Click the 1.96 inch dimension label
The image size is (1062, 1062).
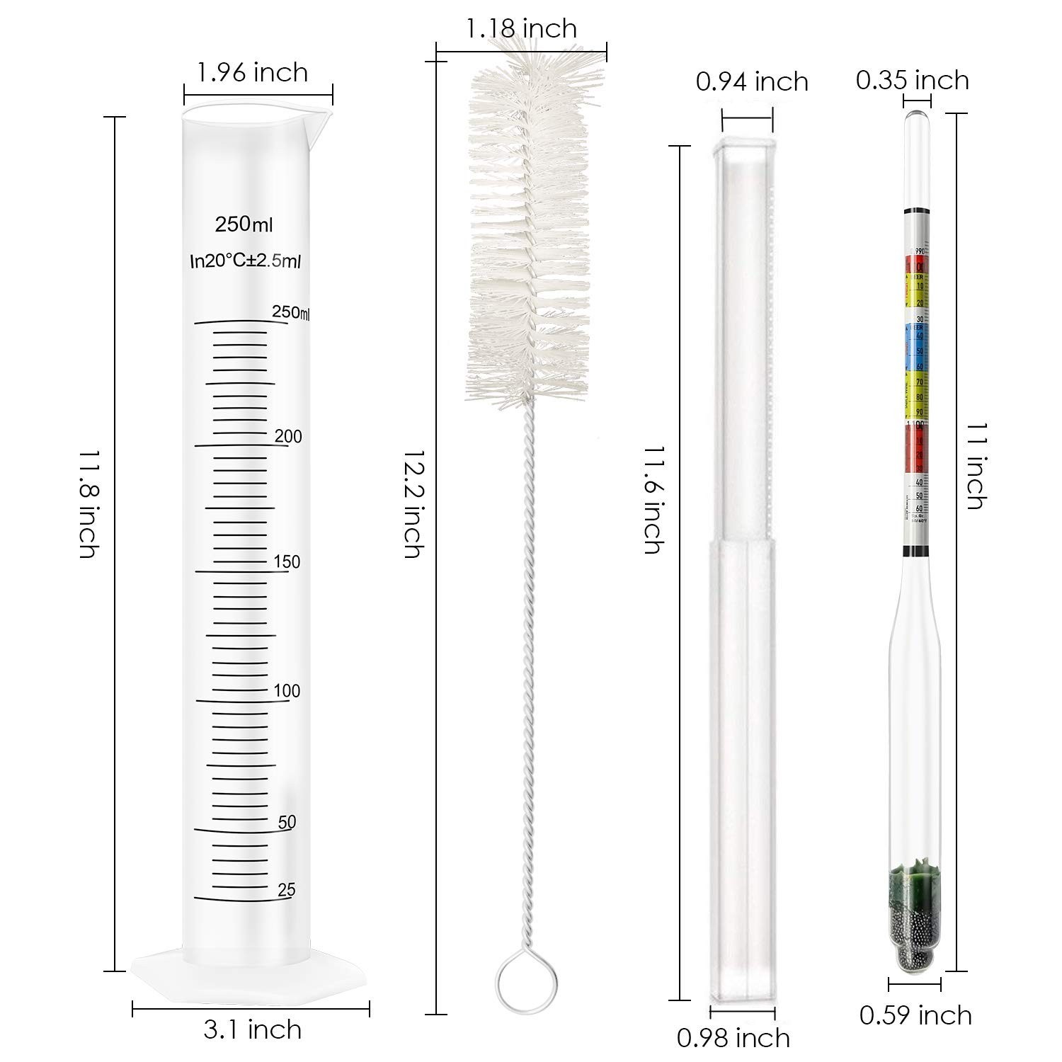(253, 72)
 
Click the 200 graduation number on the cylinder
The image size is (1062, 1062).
(288, 436)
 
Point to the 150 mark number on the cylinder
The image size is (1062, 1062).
(287, 562)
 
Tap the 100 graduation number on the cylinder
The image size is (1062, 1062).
(287, 691)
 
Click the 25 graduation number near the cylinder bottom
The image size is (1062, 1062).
(287, 890)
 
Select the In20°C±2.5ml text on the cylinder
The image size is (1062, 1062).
(246, 261)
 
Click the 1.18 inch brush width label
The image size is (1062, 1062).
(521, 28)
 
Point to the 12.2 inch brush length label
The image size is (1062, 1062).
(413, 503)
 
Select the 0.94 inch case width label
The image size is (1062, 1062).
(752, 81)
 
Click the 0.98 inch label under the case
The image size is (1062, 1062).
(733, 1038)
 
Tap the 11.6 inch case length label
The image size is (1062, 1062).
(653, 500)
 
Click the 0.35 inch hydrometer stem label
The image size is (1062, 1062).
(912, 79)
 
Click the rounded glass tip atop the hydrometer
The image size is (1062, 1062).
(918, 117)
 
